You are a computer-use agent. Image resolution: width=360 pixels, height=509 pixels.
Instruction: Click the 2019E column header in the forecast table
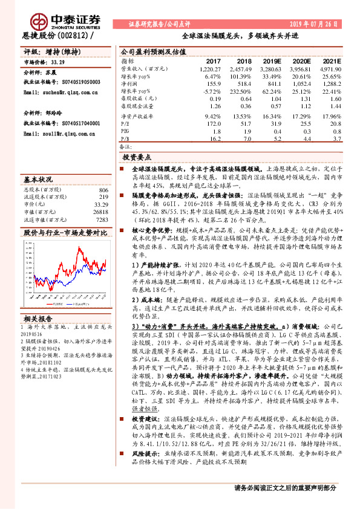pyautogui.click(x=270, y=62)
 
